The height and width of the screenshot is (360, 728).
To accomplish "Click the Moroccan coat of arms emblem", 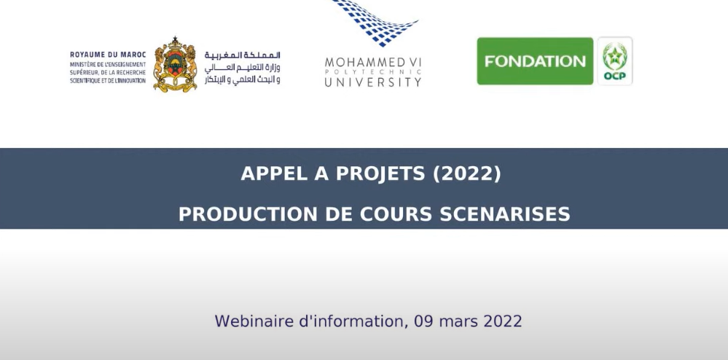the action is pos(175,64).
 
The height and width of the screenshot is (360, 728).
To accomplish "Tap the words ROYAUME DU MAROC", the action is pos(108,55).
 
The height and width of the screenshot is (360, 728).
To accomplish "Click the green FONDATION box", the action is pos(535,61).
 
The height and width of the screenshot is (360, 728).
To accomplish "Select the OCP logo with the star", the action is pos(615,61).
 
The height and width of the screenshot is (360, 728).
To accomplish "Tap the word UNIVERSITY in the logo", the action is pos(373,82).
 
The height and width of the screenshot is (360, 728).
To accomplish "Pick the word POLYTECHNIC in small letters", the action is pos(373,72).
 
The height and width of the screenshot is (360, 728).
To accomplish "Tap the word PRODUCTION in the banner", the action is pos(248,214).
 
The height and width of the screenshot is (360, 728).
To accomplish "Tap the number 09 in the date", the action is pos(423,321).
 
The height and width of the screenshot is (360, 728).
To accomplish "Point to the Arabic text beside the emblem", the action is pos(243,68).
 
